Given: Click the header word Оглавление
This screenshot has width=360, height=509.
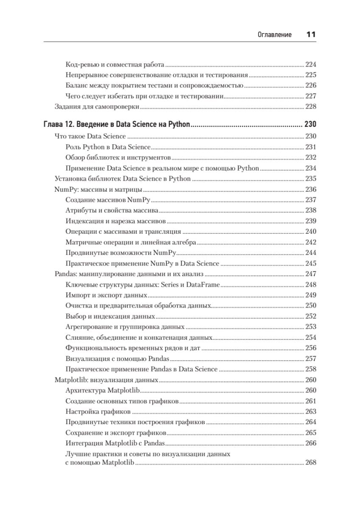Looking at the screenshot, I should coord(274,35).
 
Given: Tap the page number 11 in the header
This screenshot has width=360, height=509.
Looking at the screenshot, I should coord(311,35).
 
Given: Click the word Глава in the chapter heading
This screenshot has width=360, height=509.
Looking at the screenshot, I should coord(53,125).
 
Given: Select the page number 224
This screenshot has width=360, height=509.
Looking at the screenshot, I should coord(311,65).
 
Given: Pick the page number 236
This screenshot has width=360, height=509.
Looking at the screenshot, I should coord(311,190).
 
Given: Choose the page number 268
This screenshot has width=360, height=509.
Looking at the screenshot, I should coord(311,463).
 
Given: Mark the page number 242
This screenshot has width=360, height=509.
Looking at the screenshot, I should coord(311,243).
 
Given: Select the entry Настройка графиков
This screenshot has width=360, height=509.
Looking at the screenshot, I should coord(98,411).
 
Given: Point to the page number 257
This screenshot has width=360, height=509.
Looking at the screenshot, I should coord(311,358).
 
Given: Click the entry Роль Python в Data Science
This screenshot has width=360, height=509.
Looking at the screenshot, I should coord(108,147).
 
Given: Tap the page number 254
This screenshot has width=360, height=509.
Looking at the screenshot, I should coord(311,338).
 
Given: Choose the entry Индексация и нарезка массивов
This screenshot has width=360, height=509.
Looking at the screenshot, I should coord(116,221).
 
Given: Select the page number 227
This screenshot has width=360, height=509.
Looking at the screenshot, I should coord(311,96).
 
